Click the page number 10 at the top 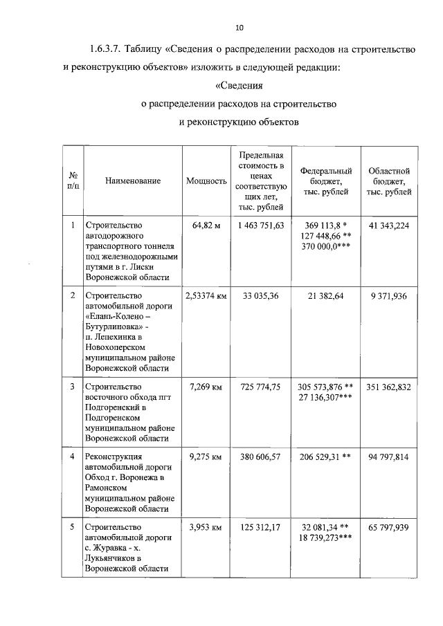(x=239, y=28)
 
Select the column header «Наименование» (x=133, y=181)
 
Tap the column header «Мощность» (x=206, y=181)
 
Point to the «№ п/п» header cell (x=72, y=181)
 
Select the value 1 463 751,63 (x=260, y=225)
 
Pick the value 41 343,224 (x=389, y=225)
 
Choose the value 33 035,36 (x=260, y=295)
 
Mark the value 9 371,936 (x=389, y=295)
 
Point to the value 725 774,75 (x=260, y=387)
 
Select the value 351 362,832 (x=389, y=387)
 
